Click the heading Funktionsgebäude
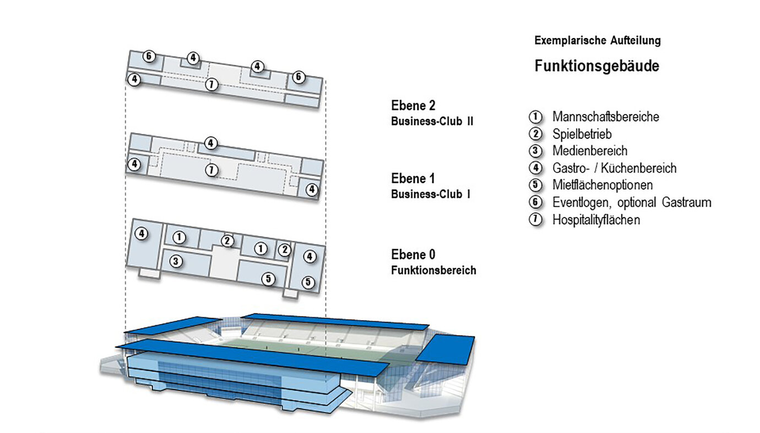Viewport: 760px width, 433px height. click(596, 67)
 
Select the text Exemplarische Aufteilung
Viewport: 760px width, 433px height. click(598, 41)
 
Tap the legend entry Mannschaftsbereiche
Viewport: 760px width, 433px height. click(605, 117)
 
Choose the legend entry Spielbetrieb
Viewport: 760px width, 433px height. click(582, 134)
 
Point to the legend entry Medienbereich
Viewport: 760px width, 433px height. click(589, 151)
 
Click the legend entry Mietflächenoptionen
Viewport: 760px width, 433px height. click(602, 185)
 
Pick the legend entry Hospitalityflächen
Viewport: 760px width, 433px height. click(596, 219)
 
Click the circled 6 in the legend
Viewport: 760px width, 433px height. click(535, 202)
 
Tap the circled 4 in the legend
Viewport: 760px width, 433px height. click(535, 168)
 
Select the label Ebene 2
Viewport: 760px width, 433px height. click(413, 106)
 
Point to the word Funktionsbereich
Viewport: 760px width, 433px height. click(433, 270)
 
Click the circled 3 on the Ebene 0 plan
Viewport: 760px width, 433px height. click(176, 261)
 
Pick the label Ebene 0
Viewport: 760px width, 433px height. click(413, 255)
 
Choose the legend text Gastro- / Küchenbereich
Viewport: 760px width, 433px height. click(614, 168)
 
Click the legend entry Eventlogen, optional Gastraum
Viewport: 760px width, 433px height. click(632, 202)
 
